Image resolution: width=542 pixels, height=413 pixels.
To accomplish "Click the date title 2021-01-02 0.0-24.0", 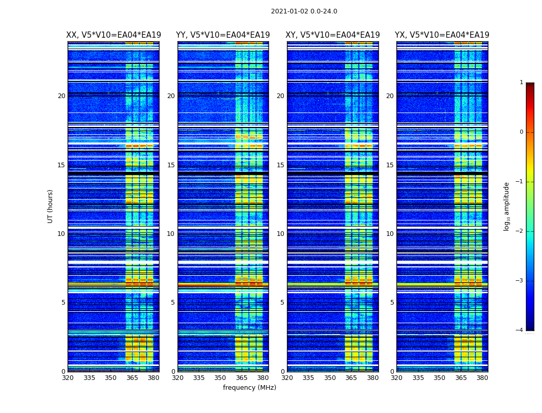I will point(304,11).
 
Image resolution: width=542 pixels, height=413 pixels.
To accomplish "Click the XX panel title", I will point(114,35).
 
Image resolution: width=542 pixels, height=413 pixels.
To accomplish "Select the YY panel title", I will point(223,35).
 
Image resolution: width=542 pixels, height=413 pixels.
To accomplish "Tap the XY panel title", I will point(333,35).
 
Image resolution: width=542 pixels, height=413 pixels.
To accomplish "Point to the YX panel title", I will point(442,35).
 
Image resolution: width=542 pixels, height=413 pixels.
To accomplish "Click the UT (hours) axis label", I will point(50,206).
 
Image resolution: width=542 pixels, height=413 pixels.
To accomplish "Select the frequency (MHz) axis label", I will point(249,388).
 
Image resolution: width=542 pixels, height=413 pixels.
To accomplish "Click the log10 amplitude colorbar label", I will point(507,206).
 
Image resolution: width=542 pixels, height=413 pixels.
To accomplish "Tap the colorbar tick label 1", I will point(521,83).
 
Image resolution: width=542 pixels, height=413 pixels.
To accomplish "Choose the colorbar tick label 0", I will point(521,132).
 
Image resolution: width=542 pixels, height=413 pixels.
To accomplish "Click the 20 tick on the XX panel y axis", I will point(61,96).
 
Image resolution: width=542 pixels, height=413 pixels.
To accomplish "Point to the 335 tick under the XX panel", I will point(89,378).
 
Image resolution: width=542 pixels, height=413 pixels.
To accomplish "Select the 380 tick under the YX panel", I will point(482,378).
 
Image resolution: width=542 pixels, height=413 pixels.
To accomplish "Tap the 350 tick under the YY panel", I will point(220,378).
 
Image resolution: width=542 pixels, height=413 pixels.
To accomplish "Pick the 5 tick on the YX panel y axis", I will point(392,303).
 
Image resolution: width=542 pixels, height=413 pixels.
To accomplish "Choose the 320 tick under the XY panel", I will point(287,378).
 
